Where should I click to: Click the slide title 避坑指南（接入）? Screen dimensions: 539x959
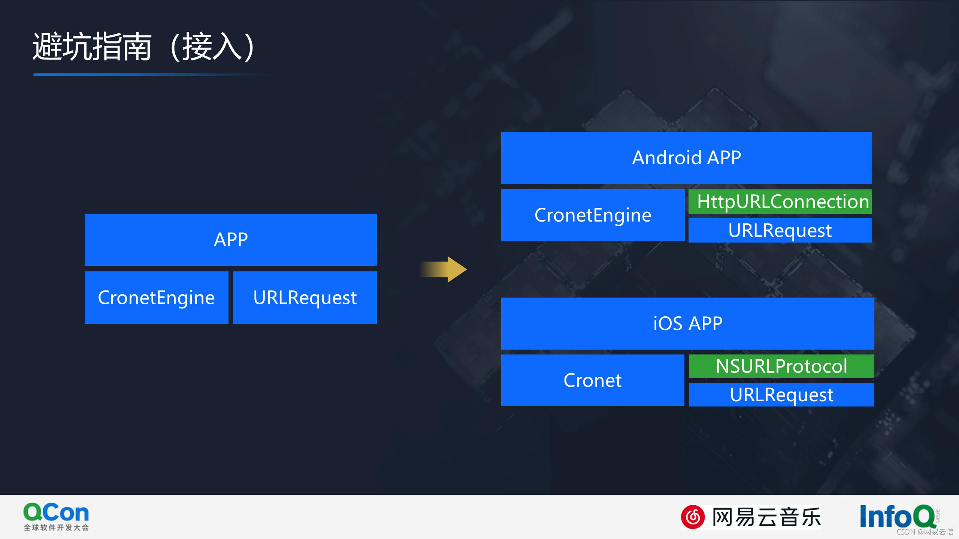[x=144, y=47]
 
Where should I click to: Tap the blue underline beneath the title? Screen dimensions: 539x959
[x=150, y=74]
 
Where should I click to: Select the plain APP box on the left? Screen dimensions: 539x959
[x=230, y=240]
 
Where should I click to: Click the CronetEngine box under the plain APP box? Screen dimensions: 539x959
[x=156, y=298]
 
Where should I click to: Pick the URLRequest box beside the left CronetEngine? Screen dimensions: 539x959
[x=305, y=298]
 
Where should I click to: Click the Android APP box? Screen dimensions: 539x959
[x=686, y=158]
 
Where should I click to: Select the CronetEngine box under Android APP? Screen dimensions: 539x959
[x=593, y=215]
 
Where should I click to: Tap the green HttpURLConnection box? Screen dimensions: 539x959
[x=780, y=202]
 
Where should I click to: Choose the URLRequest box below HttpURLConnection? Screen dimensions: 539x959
[x=780, y=231]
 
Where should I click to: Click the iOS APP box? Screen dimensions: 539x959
[x=687, y=323]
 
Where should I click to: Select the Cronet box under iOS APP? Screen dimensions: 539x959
[x=593, y=380]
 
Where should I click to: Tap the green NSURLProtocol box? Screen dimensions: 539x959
[x=781, y=366]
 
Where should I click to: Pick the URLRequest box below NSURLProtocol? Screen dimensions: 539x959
[x=781, y=395]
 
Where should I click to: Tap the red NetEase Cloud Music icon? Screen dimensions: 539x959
[x=693, y=517]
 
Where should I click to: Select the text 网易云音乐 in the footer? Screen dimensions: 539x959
[x=766, y=517]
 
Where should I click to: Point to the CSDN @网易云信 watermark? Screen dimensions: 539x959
[x=925, y=532]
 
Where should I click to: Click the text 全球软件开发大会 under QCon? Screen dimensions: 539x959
[x=56, y=528]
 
